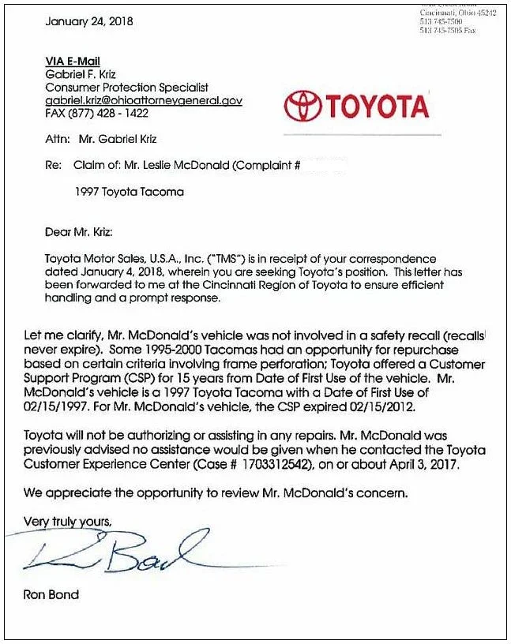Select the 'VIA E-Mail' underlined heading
73,62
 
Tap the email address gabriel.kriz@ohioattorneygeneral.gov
144,101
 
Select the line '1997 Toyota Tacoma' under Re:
130,192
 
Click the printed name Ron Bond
51,594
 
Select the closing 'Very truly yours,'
68,522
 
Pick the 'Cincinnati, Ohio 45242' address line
458,13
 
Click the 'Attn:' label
57,140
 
